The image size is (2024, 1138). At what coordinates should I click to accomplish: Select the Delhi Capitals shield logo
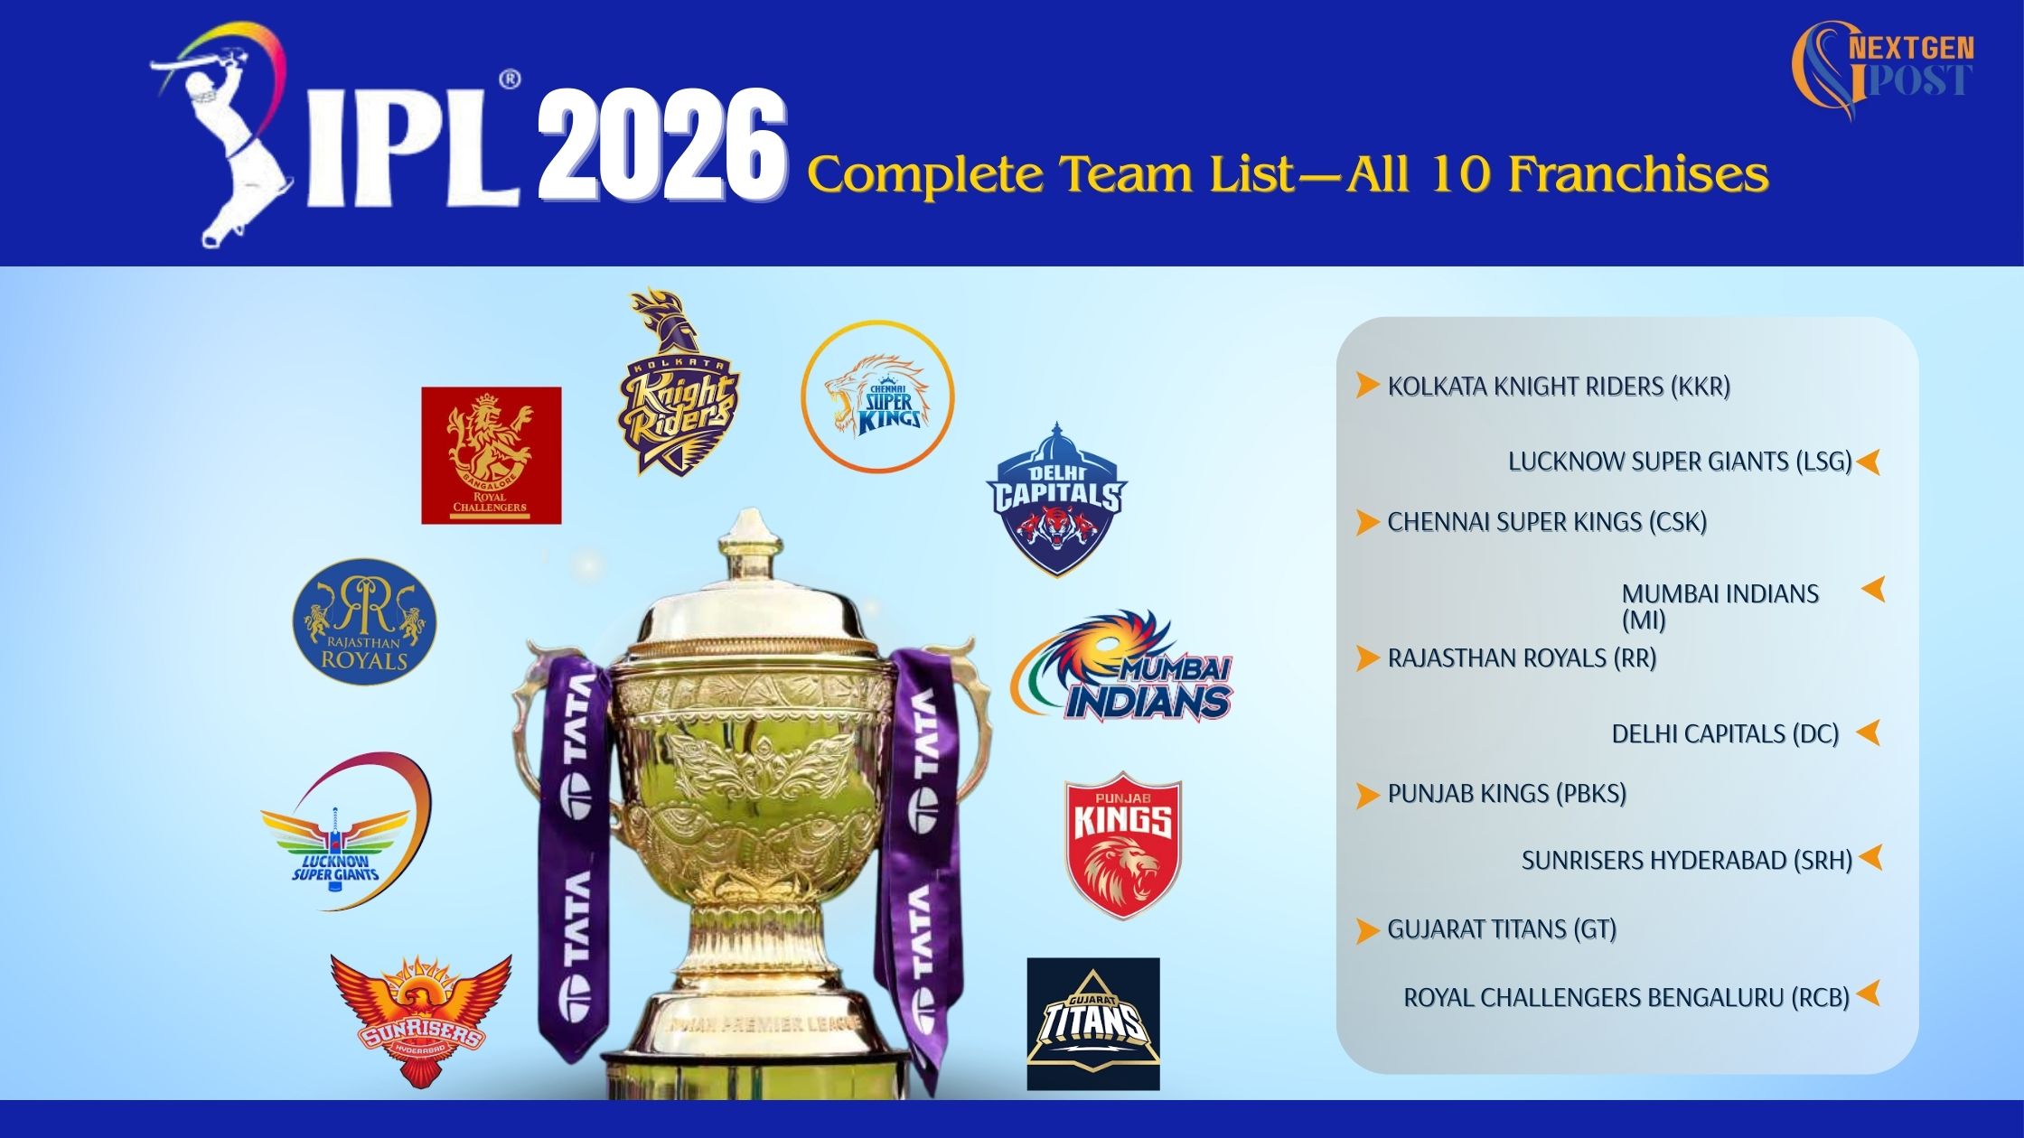pyautogui.click(x=1056, y=499)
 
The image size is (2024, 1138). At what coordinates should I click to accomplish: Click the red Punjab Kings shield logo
pyautogui.click(x=1123, y=844)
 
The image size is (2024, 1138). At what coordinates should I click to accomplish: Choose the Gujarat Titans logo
pyautogui.click(x=1093, y=1024)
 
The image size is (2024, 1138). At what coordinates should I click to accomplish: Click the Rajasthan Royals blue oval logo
pyautogui.click(x=364, y=621)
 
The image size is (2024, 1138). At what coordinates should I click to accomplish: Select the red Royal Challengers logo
pyautogui.click(x=492, y=455)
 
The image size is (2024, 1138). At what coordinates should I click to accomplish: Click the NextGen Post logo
pyautogui.click(x=1882, y=69)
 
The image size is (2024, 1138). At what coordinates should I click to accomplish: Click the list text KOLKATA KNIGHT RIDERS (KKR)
pyautogui.click(x=1559, y=387)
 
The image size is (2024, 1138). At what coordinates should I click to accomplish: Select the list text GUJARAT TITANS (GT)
pyautogui.click(x=1502, y=929)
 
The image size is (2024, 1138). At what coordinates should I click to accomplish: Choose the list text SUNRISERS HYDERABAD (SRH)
pyautogui.click(x=1687, y=861)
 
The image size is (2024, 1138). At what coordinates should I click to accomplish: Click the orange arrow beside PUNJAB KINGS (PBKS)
pyautogui.click(x=1367, y=795)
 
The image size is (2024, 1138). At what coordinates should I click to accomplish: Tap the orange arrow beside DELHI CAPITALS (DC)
pyautogui.click(x=1869, y=732)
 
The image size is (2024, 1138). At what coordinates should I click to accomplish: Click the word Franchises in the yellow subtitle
pyautogui.click(x=1638, y=173)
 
